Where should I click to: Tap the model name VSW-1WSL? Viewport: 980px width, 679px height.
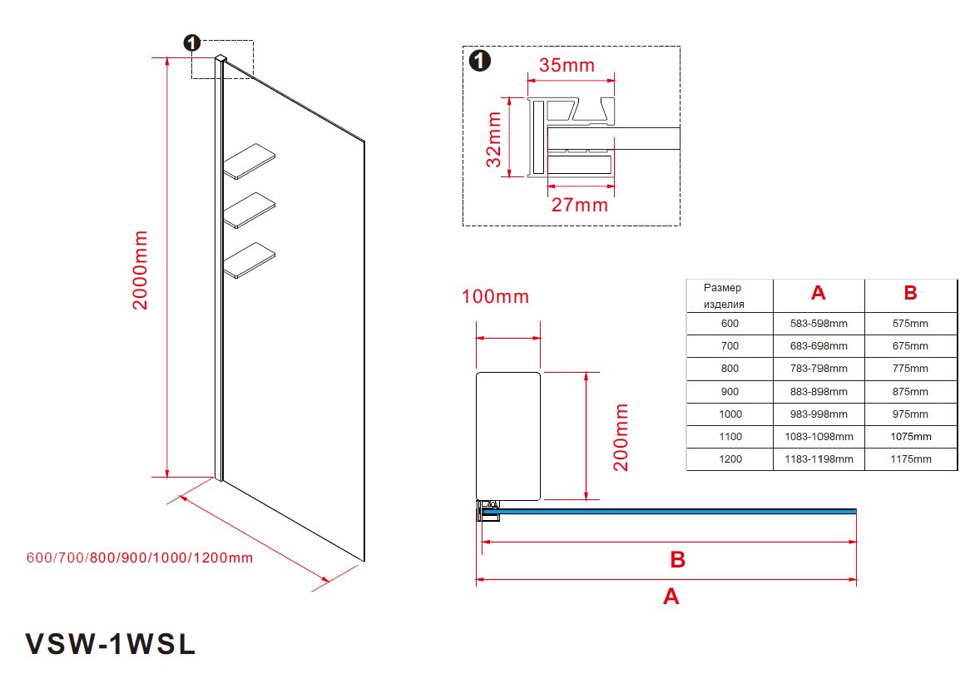(x=111, y=644)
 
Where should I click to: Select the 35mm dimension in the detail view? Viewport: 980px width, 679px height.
(x=567, y=65)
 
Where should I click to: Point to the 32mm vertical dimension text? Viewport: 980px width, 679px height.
(x=495, y=139)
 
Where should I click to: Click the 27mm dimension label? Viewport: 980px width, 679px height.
(x=579, y=204)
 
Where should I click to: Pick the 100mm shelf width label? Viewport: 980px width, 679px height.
(x=497, y=296)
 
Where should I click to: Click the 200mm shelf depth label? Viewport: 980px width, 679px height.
(x=621, y=437)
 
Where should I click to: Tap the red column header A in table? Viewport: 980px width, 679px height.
(x=819, y=293)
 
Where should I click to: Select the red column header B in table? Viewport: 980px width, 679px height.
(x=910, y=293)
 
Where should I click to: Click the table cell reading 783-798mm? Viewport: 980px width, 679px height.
(x=819, y=369)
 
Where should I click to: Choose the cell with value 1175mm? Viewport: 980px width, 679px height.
(x=910, y=459)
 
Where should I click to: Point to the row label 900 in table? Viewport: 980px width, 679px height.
(x=730, y=391)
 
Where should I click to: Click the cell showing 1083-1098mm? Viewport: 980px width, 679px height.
(x=819, y=436)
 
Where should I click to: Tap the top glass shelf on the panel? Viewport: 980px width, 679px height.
(x=249, y=160)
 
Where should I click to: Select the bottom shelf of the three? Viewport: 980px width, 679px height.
(x=249, y=260)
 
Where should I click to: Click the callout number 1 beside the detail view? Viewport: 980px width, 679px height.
(x=479, y=62)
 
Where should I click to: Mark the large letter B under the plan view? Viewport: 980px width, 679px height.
(x=677, y=560)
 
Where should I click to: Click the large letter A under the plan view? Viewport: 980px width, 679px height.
(x=671, y=597)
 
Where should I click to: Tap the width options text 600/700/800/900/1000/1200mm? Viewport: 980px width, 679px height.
(x=139, y=558)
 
